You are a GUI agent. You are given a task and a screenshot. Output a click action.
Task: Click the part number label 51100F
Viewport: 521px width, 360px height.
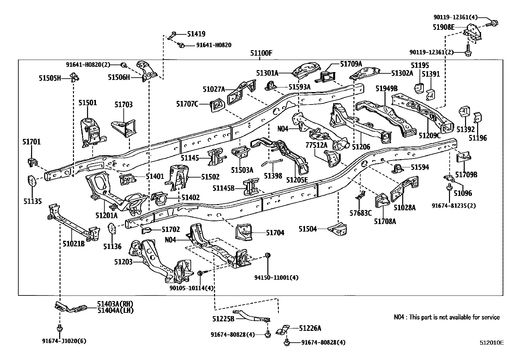coord(261,53)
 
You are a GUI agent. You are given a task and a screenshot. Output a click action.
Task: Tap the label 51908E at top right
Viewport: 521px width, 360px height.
coord(443,27)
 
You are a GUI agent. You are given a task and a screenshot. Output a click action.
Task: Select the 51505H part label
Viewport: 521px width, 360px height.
coord(50,78)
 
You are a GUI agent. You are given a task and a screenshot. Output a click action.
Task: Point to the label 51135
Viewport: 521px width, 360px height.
coord(33,201)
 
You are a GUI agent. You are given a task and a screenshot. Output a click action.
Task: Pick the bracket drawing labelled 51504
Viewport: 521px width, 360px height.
coord(337,229)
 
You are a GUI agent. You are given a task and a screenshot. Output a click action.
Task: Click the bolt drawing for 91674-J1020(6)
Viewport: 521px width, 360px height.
coord(60,328)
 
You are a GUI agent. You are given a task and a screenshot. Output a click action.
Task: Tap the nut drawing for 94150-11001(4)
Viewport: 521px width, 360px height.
coord(268,256)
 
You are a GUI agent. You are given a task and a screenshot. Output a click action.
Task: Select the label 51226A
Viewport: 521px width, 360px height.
coord(310,328)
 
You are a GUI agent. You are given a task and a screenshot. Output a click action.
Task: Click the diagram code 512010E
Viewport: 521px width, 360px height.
coord(492,343)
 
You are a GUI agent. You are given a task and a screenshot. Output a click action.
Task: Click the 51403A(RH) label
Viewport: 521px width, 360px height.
coord(115,304)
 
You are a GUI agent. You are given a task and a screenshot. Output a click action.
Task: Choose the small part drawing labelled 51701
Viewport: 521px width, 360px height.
coord(33,162)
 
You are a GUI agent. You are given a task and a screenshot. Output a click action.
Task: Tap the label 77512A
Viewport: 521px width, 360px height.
coord(316,145)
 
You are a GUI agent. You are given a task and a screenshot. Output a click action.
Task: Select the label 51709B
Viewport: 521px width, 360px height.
coord(466,175)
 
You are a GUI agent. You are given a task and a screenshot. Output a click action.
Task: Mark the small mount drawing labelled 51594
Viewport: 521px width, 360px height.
coord(398,169)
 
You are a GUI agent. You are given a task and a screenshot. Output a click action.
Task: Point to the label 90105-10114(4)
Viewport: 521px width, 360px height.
coord(191,288)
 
